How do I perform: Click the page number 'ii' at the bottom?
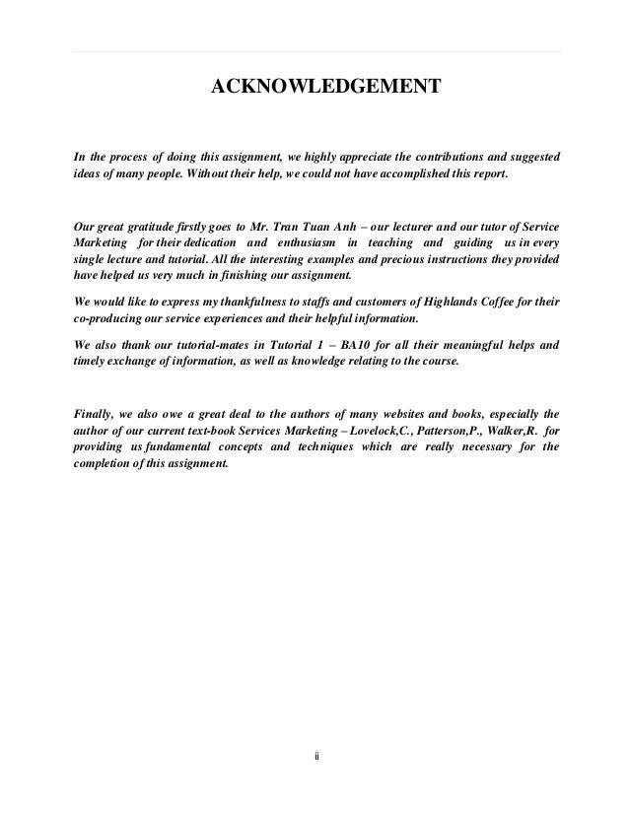[315, 757]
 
